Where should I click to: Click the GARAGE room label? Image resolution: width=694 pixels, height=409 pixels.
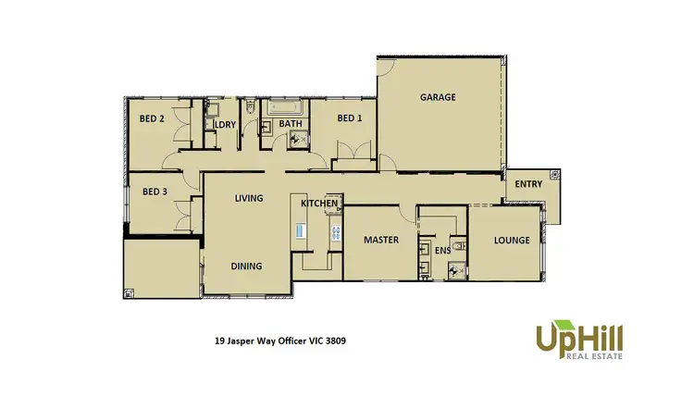pyautogui.click(x=438, y=97)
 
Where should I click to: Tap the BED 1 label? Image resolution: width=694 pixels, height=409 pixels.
pyautogui.click(x=349, y=118)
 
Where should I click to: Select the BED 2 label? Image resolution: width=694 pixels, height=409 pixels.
pyautogui.click(x=153, y=118)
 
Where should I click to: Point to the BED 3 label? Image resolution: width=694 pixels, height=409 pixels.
pyautogui.click(x=155, y=192)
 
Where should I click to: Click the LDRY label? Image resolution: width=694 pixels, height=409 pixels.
pyautogui.click(x=225, y=124)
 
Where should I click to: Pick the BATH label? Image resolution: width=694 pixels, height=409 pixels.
pyautogui.click(x=291, y=124)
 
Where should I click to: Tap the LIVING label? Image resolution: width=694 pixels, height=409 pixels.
pyautogui.click(x=249, y=198)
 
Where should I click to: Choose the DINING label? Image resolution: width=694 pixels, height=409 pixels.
pyautogui.click(x=246, y=266)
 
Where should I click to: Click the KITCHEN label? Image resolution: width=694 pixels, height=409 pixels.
pyautogui.click(x=318, y=203)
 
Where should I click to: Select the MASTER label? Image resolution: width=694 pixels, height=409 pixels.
pyautogui.click(x=380, y=240)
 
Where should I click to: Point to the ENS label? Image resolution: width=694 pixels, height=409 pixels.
pyautogui.click(x=443, y=250)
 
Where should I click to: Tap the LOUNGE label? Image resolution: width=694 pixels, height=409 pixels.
pyautogui.click(x=512, y=240)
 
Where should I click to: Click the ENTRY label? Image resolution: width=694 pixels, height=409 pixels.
pyautogui.click(x=528, y=184)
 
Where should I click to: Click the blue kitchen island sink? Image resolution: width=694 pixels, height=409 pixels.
pyautogui.click(x=300, y=231)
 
